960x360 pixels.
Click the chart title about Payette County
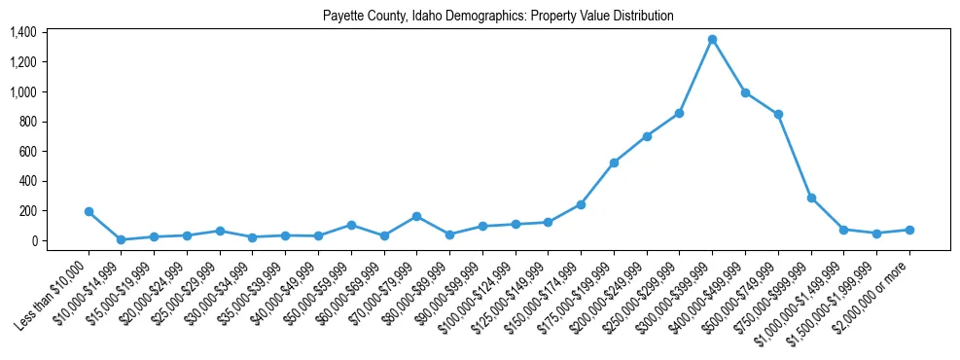click(498, 17)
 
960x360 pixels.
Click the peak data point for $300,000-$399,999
click(712, 39)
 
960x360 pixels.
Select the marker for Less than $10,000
click(89, 211)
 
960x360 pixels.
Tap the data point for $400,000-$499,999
click(745, 92)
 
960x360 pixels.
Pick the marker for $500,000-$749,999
click(778, 114)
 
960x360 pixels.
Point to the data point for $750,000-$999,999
click(811, 198)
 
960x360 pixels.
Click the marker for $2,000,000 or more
click(909, 230)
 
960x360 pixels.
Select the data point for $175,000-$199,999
click(614, 162)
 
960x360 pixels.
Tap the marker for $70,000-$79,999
click(416, 216)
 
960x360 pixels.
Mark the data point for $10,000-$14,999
click(121, 239)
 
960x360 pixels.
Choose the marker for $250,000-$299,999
click(679, 113)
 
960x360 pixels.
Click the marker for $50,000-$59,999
click(351, 225)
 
